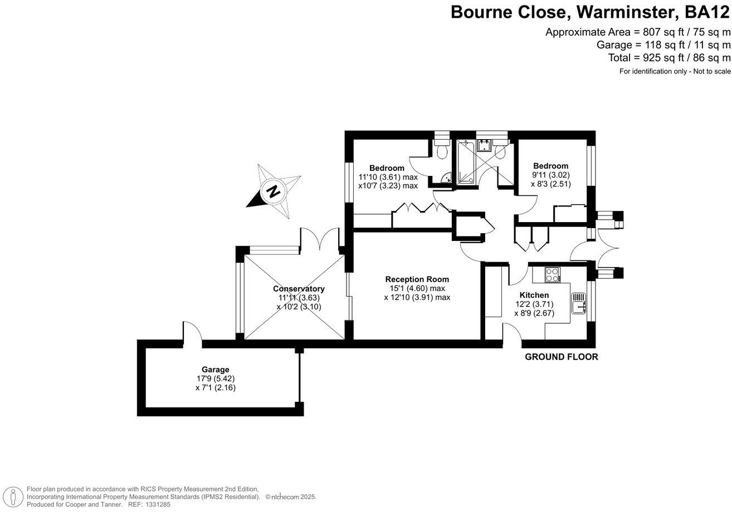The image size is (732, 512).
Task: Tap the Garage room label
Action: (x=216, y=370)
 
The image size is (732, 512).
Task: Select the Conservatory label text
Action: (x=299, y=289)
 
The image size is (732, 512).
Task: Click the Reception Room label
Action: (x=417, y=279)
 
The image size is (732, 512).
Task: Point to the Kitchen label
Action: (x=534, y=295)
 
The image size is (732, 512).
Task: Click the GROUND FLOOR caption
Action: (x=562, y=357)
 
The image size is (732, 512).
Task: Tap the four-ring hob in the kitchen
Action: (x=553, y=274)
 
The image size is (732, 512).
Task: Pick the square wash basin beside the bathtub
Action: (x=484, y=145)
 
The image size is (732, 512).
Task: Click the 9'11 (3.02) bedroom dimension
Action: (x=550, y=175)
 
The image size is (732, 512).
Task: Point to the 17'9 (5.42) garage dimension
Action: (x=216, y=378)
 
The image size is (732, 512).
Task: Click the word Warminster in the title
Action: (x=624, y=12)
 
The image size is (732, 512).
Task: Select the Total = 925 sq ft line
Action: (x=669, y=58)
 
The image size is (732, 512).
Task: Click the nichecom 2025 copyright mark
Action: (x=290, y=497)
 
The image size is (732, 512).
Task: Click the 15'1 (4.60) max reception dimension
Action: (x=417, y=288)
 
